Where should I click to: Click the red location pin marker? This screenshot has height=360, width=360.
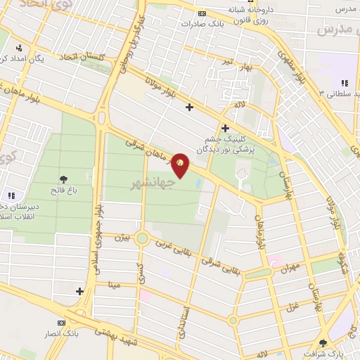point(180,165)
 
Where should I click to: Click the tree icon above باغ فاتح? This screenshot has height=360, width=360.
point(64,180)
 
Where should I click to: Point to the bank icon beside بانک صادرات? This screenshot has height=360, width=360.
point(202,13)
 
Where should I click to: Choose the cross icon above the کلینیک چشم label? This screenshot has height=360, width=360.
point(225,128)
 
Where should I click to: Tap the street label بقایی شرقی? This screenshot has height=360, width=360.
point(226,266)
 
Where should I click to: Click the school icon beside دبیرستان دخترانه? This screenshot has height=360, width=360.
point(11,195)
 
